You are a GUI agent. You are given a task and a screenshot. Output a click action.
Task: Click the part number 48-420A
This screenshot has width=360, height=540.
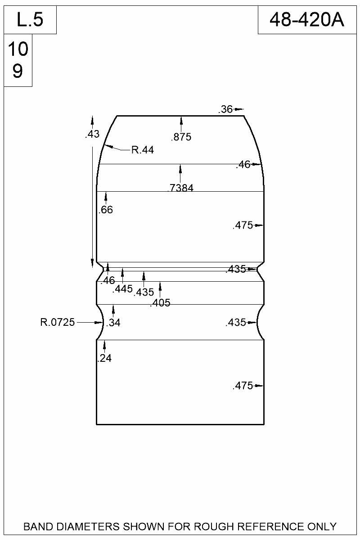pyautogui.click(x=307, y=20)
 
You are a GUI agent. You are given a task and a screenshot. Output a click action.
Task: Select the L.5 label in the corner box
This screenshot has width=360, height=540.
pyautogui.click(x=30, y=20)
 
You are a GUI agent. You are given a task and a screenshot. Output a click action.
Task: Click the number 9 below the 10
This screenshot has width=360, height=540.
pyautogui.click(x=18, y=71)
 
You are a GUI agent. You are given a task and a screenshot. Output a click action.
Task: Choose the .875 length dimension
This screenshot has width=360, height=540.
pyautogui.click(x=181, y=137)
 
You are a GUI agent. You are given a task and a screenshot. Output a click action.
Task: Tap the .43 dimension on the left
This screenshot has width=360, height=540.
pyautogui.click(x=92, y=134)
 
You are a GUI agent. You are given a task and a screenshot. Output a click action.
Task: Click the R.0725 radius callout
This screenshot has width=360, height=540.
pyautogui.click(x=58, y=322)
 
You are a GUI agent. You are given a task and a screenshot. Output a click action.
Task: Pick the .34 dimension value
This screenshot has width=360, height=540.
pyautogui.click(x=114, y=322)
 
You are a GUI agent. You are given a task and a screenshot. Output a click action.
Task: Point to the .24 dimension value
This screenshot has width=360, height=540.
pyautogui.click(x=104, y=358)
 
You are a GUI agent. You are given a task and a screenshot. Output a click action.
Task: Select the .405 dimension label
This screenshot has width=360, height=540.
pyautogui.click(x=160, y=303)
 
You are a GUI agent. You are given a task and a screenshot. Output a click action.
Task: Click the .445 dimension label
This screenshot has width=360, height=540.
pyautogui.click(x=122, y=288)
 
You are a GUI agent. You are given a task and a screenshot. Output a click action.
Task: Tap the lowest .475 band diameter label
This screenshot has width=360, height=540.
pyautogui.click(x=243, y=386)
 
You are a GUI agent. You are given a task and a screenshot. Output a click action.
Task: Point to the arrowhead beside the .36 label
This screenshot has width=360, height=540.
pyautogui.click(x=239, y=109)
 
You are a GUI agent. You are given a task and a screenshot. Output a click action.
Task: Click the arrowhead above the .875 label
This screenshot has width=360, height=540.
pyautogui.click(x=181, y=120)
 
